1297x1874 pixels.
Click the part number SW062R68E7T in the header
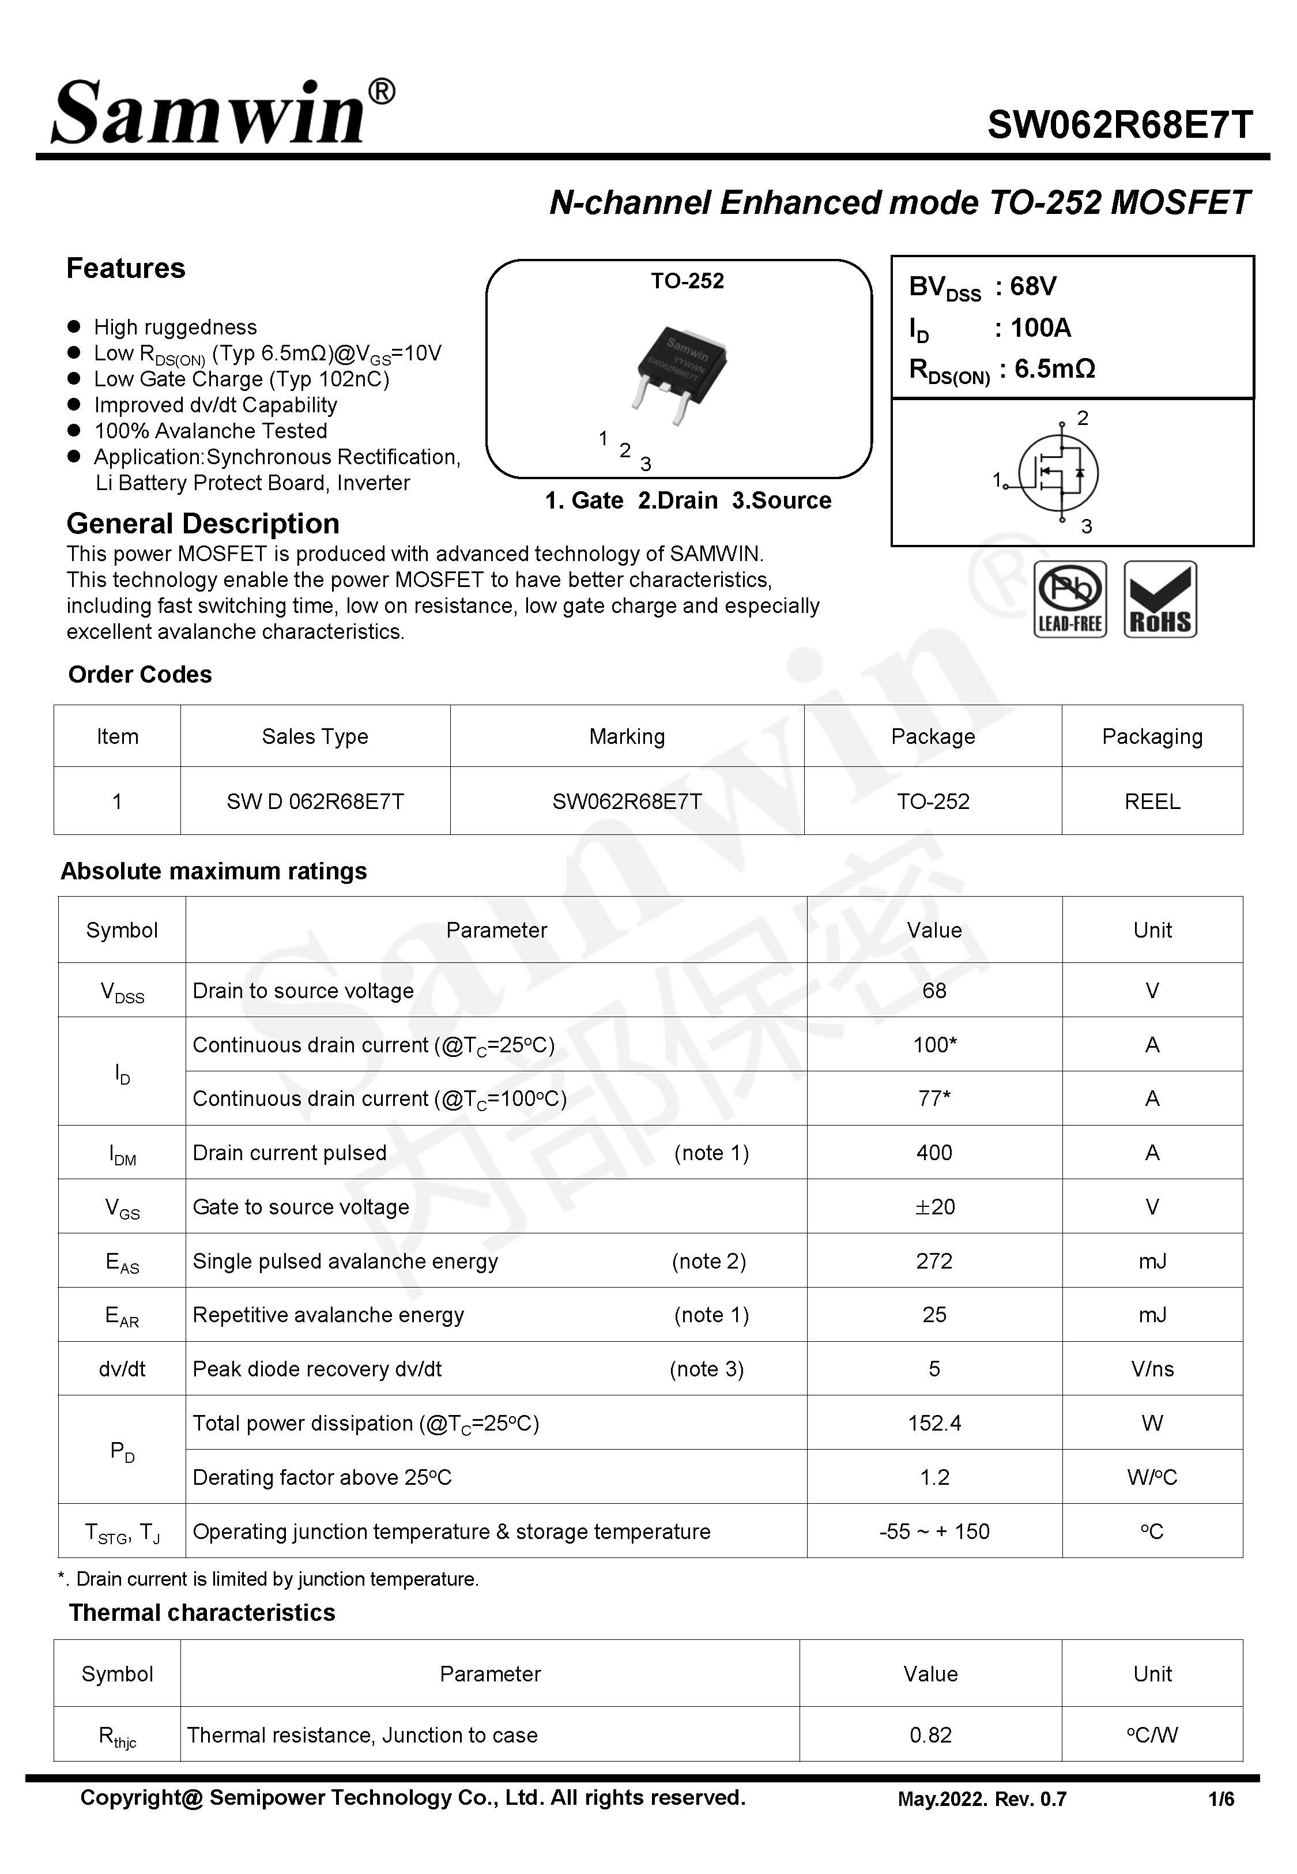coord(1120,125)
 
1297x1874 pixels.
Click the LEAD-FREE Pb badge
coord(1069,599)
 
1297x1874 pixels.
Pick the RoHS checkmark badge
coord(1160,599)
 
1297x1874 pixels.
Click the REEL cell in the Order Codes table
coord(1152,801)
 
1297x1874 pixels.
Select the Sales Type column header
coord(315,736)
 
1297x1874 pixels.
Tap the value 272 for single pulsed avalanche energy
coord(934,1260)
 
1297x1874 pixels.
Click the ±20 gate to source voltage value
coord(934,1207)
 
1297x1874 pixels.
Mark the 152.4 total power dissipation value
coord(934,1423)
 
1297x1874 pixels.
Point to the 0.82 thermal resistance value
coord(930,1735)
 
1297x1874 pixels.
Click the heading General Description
coord(202,524)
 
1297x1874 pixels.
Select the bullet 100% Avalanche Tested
coord(210,431)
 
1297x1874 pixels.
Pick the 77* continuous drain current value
coord(934,1098)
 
